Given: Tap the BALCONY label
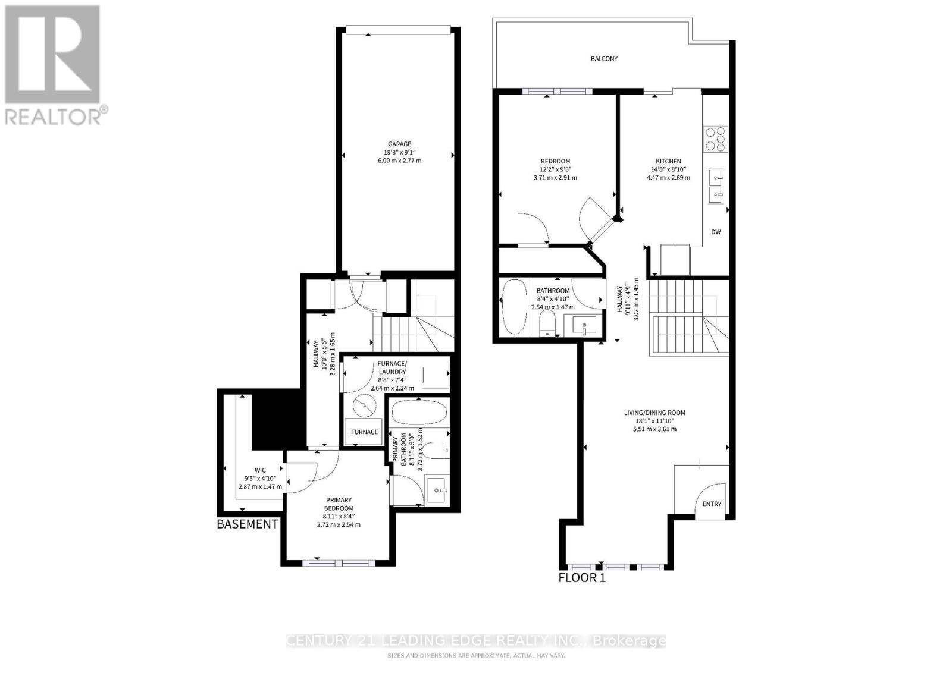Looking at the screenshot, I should [x=604, y=59].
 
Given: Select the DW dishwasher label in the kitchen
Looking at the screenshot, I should [x=716, y=232].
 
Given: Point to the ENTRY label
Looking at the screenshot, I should [x=712, y=504].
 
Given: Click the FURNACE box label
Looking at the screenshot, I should [x=364, y=432].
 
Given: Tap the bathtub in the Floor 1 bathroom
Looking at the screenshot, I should [x=513, y=307].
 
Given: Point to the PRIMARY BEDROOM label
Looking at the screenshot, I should [x=339, y=504].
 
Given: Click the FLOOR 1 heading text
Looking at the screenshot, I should [x=581, y=577].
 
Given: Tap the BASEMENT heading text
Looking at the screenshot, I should [x=247, y=524].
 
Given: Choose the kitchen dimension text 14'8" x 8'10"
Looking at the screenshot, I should [x=668, y=169].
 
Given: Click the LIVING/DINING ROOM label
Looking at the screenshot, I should [x=654, y=413].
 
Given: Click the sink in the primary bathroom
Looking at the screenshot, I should [x=439, y=490].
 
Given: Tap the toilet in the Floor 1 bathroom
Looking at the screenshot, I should [x=546, y=325].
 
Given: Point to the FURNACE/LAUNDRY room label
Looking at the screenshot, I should [x=392, y=367].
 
